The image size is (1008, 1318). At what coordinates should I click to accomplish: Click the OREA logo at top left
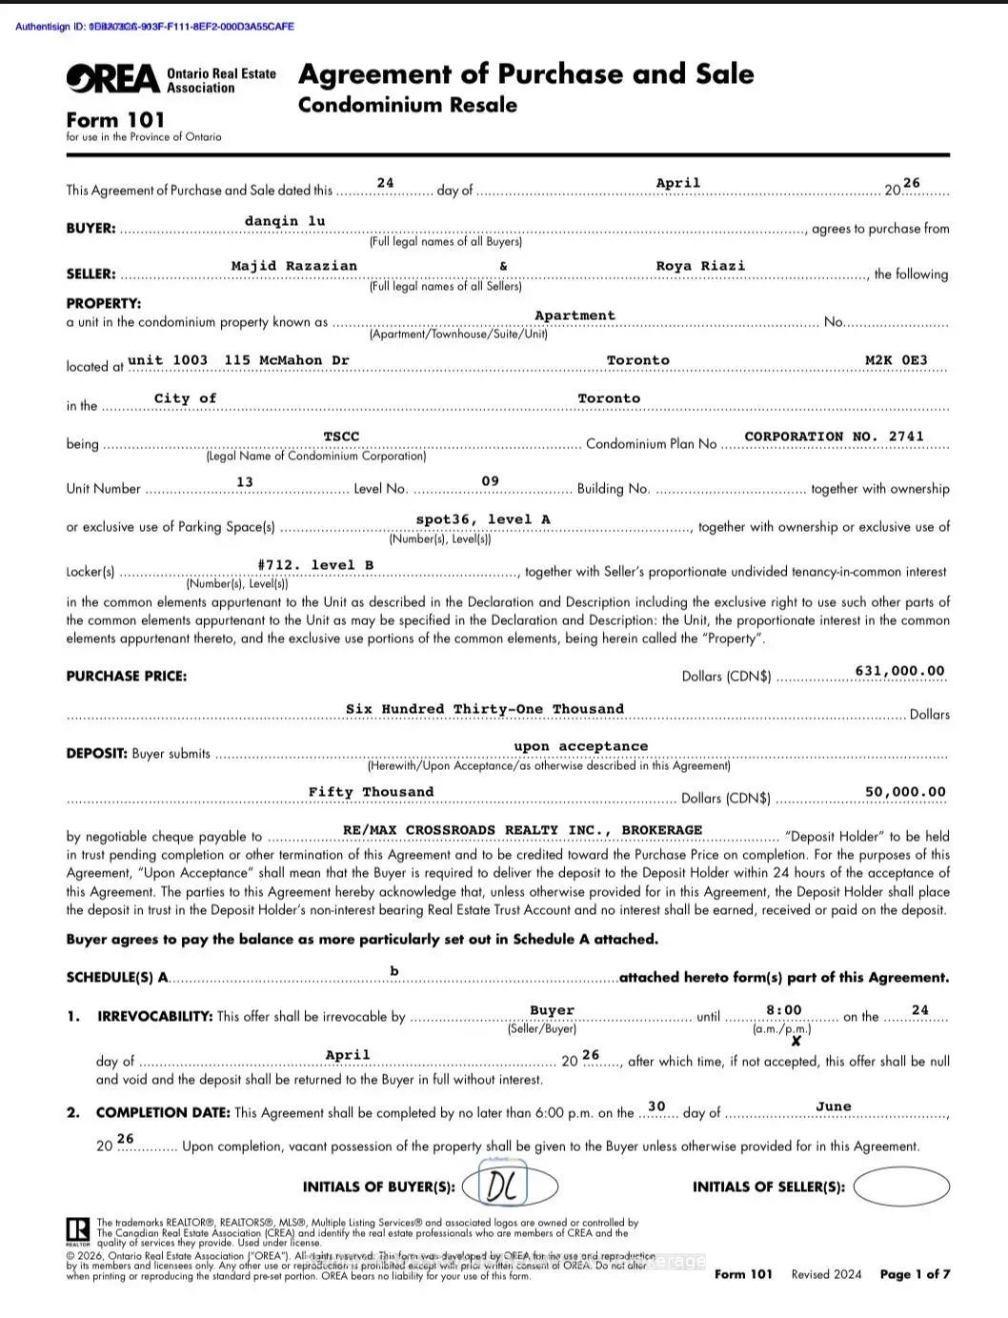(113, 79)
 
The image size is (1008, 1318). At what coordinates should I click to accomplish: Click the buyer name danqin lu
(285, 221)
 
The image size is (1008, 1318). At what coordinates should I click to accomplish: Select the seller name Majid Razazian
(294, 266)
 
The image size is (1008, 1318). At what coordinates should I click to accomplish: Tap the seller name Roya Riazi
(700, 266)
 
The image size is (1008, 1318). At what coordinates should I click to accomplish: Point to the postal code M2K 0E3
(896, 360)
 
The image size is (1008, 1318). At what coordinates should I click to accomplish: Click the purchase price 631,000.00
(899, 671)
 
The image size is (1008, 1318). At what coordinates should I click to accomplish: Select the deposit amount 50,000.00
(905, 792)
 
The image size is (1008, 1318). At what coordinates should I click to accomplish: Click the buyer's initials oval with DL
(510, 1186)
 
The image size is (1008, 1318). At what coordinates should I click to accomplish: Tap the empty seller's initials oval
(901, 1186)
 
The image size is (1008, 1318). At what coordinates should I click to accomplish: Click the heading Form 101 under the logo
(115, 120)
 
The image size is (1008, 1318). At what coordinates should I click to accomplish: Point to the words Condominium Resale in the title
(408, 105)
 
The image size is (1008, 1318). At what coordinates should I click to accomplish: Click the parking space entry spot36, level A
(483, 519)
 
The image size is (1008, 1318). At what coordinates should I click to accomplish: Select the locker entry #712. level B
(315, 565)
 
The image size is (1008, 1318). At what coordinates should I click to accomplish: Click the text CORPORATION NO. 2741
(834, 436)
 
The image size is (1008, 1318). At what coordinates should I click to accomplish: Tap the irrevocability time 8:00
(783, 1010)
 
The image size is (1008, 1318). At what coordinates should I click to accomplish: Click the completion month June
(833, 1106)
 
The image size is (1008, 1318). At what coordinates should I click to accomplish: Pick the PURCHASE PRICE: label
(127, 677)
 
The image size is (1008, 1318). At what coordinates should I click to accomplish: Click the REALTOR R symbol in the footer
(77, 1230)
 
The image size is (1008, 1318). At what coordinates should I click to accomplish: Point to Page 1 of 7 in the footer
(915, 1274)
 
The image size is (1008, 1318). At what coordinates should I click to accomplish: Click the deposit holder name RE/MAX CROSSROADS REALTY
(522, 830)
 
